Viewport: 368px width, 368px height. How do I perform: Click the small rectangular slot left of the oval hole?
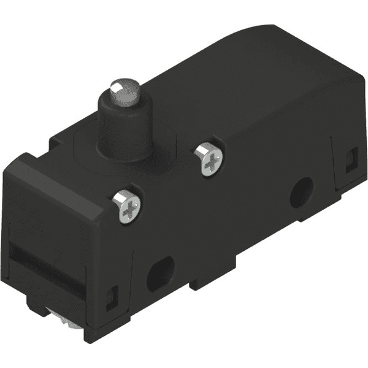[x=113, y=297]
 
